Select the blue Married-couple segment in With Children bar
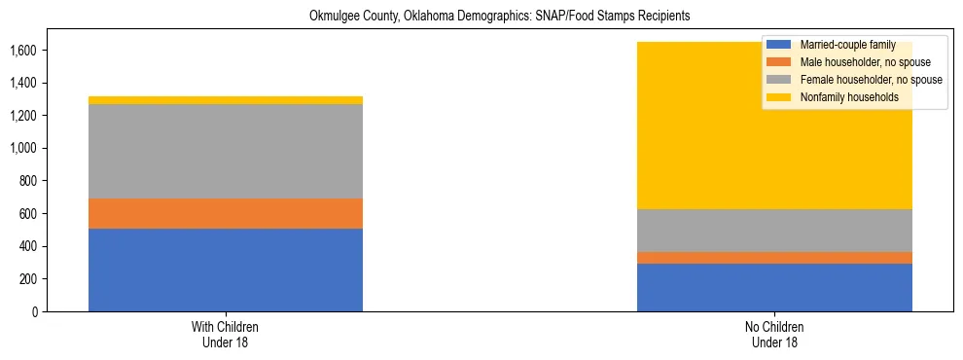pyautogui.click(x=225, y=270)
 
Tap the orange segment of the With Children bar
pyautogui.click(x=225, y=213)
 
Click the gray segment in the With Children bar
pyautogui.click(x=225, y=151)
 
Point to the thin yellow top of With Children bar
pyautogui.click(x=225, y=100)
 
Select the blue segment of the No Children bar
pyautogui.click(x=774, y=287)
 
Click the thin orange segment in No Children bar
pyautogui.click(x=774, y=258)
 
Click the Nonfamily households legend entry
pyautogui.click(x=847, y=97)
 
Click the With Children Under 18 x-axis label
pyautogui.click(x=225, y=334)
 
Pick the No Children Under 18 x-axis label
pyautogui.click(x=774, y=334)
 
